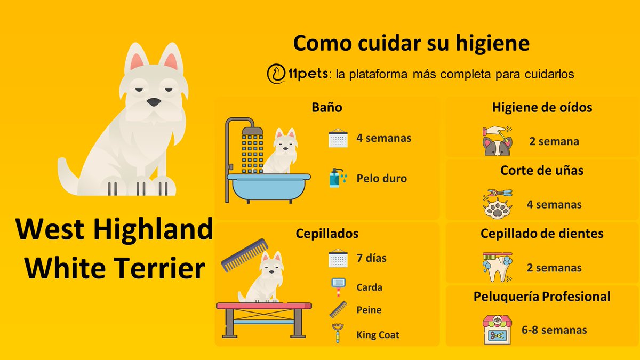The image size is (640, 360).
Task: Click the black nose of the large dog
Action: point(153,102)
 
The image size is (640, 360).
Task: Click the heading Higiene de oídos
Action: point(542,107)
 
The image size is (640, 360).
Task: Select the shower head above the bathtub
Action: point(252,130)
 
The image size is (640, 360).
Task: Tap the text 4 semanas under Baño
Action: point(383,138)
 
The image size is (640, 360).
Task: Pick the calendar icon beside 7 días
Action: point(338,258)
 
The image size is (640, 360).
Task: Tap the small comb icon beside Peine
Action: point(338,310)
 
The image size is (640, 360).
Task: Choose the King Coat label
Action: point(378,335)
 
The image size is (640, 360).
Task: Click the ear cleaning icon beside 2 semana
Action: point(497,140)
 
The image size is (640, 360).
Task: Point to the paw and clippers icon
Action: point(497,203)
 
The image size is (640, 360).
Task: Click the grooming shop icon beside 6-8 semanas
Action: point(497,329)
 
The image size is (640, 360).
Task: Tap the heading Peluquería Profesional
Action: point(541,297)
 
